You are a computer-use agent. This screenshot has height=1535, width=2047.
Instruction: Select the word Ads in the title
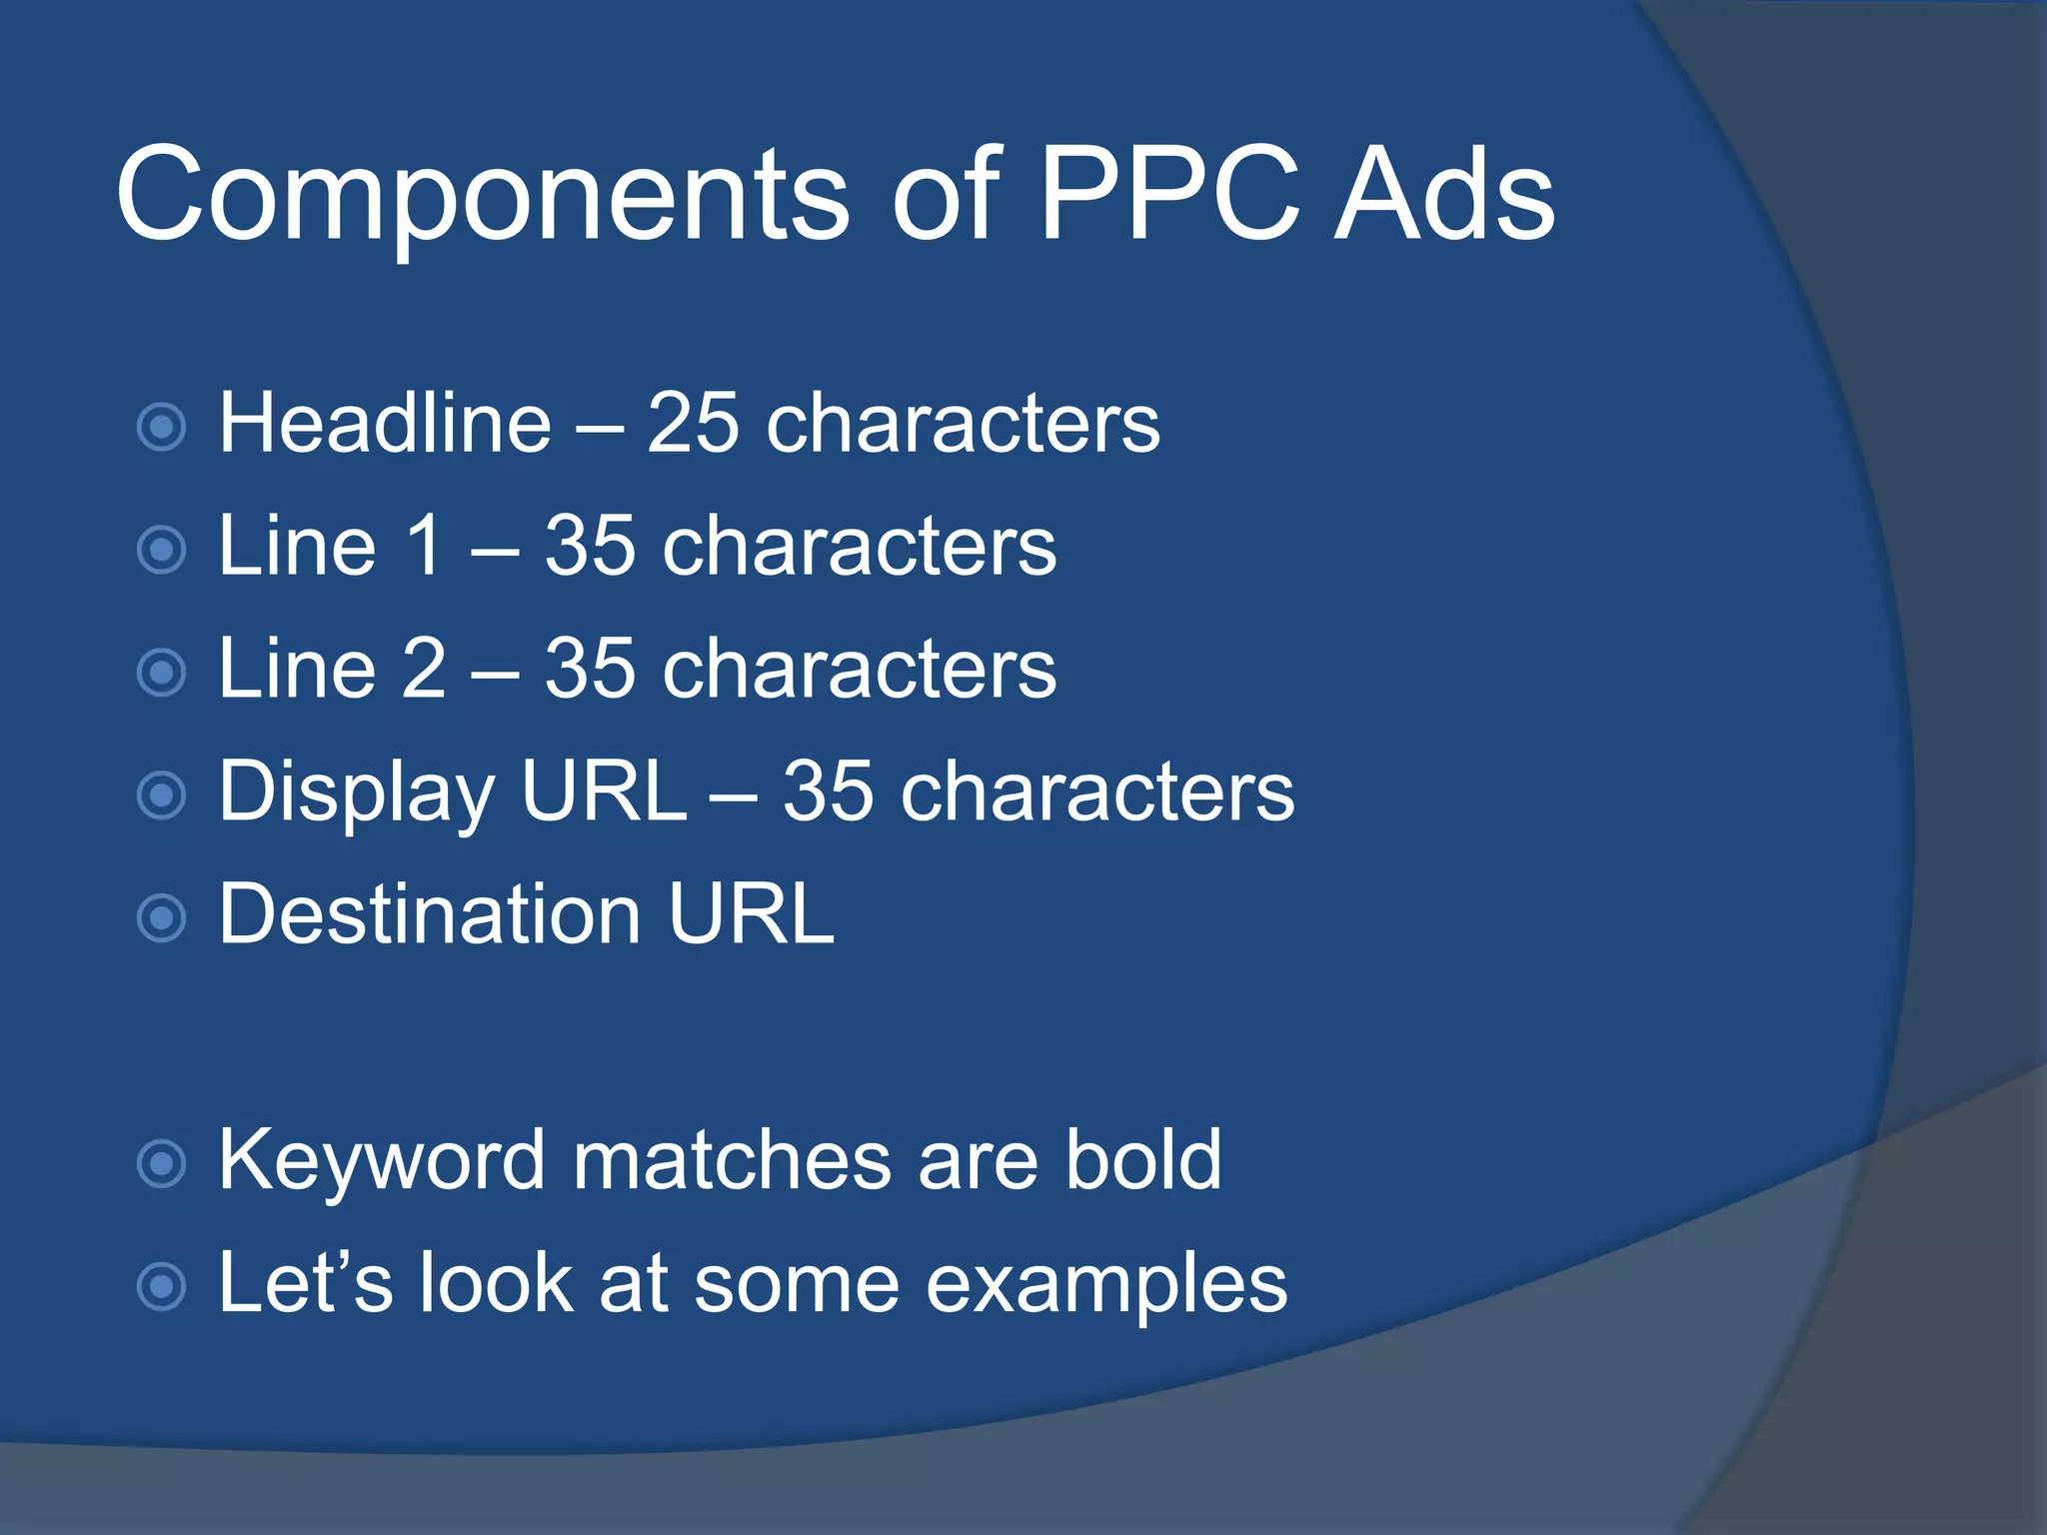pyautogui.click(x=1445, y=194)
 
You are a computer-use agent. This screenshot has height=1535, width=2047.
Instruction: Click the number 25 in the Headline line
pyautogui.click(x=693, y=424)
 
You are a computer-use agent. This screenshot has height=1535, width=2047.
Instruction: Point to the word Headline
pyautogui.click(x=385, y=424)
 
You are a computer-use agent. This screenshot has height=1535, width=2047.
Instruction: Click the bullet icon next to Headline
pyautogui.click(x=161, y=427)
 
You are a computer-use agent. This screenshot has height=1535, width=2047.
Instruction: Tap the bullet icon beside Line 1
pyautogui.click(x=161, y=550)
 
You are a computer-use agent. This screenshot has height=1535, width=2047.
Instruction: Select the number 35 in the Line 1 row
pyautogui.click(x=590, y=547)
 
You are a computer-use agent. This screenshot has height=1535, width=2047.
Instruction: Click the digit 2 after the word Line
pyautogui.click(x=423, y=669)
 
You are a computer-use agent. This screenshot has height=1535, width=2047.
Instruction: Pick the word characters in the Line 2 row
pyautogui.click(x=859, y=670)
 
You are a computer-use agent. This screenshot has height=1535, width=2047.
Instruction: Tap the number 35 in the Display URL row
pyautogui.click(x=828, y=792)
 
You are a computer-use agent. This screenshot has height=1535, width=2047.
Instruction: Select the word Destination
pyautogui.click(x=430, y=914)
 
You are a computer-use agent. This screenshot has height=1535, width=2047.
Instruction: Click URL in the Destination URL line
pyautogui.click(x=751, y=914)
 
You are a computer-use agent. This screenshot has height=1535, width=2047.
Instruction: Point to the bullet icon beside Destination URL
pyautogui.click(x=161, y=918)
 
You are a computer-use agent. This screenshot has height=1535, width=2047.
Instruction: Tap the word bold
pyautogui.click(x=1142, y=1161)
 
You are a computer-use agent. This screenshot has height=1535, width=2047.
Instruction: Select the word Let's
pyautogui.click(x=305, y=1283)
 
